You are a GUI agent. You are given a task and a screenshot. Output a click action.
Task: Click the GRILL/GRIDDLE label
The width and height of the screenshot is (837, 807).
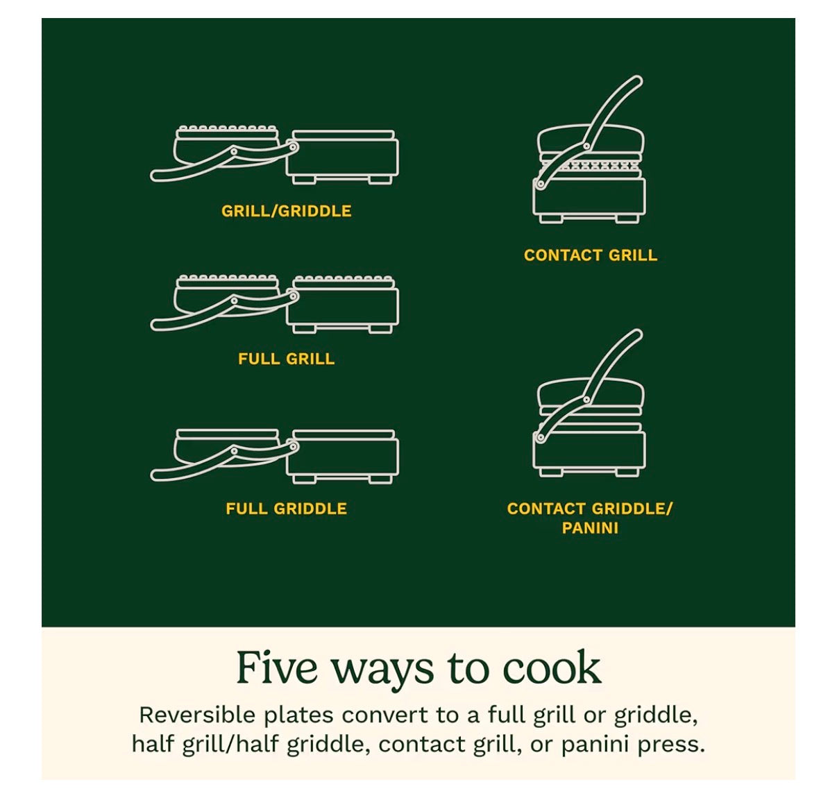286,211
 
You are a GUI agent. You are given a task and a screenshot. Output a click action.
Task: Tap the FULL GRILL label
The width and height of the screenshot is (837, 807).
286,359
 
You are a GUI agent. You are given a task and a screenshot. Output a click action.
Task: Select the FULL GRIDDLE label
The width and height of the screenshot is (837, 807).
286,509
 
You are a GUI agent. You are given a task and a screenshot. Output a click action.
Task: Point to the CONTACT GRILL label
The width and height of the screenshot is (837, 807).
590,255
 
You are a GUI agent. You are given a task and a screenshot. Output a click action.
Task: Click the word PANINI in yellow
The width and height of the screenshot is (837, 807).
590,528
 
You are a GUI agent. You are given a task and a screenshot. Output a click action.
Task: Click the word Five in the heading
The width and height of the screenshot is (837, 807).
278,668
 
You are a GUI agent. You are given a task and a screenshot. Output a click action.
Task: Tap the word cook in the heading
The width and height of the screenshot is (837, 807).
551,669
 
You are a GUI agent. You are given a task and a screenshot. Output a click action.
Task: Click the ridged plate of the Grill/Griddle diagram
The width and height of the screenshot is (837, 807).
228,130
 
